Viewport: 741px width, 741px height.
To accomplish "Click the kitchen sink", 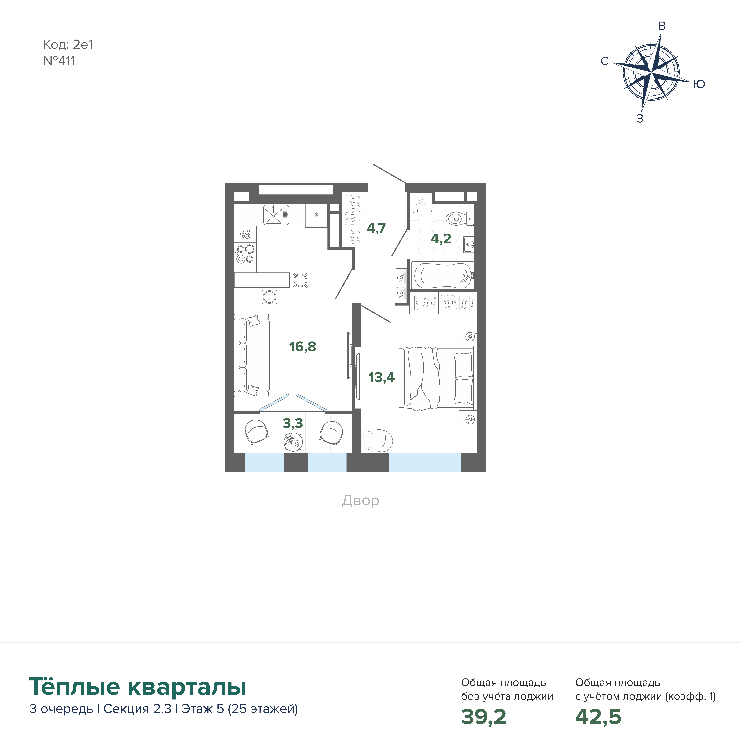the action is click(x=276, y=214).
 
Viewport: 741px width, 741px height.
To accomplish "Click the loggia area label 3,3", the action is click(x=293, y=423).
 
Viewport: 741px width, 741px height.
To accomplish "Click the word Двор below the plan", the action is click(x=361, y=501).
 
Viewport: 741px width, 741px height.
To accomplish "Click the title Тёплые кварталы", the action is click(x=137, y=687).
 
